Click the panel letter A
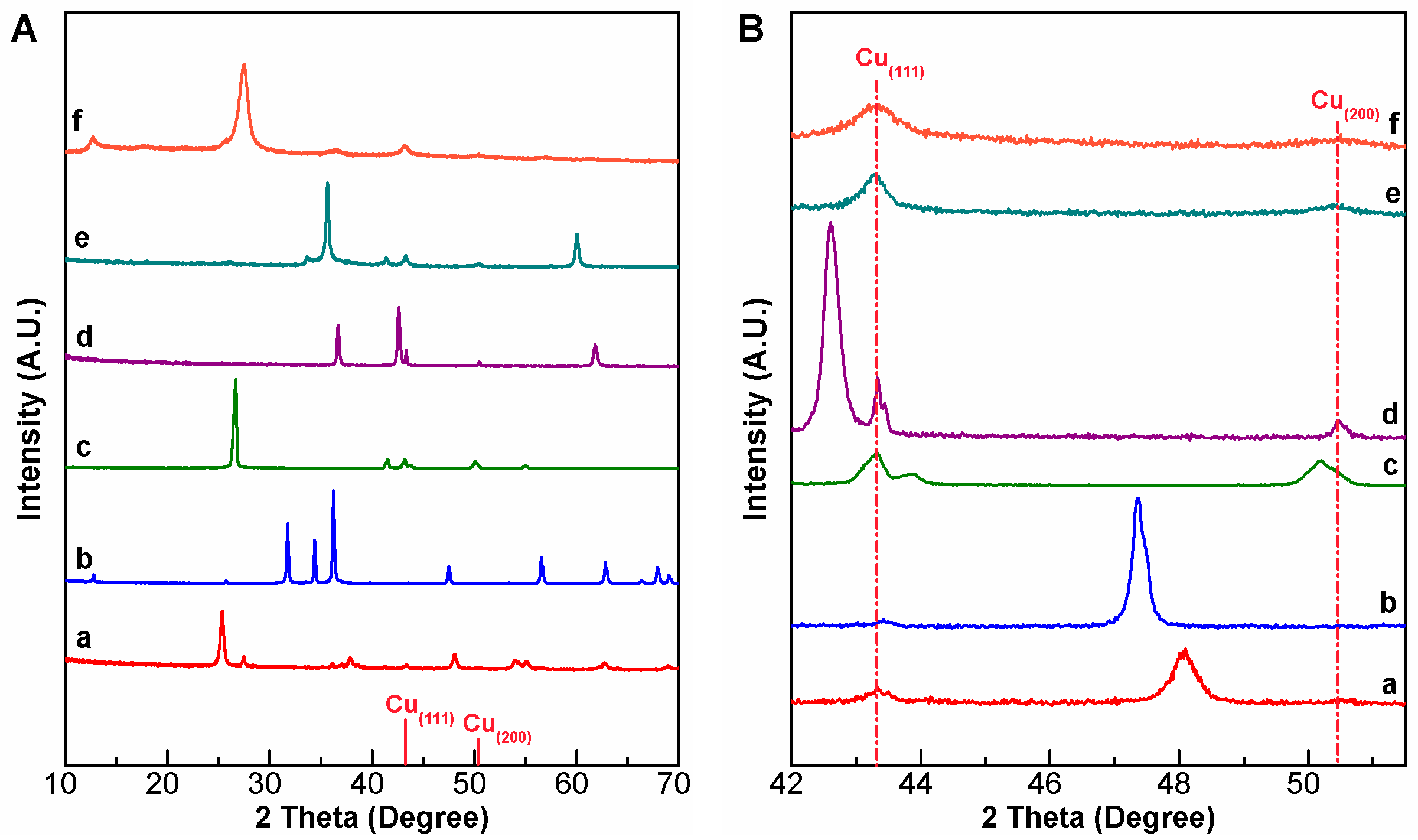(24, 29)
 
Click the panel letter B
(751, 29)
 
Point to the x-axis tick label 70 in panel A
(673, 784)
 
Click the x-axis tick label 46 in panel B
(1044, 784)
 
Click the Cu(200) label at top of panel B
(1344, 103)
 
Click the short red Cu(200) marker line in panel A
(477, 751)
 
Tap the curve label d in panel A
(84, 337)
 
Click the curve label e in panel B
(1392, 194)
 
